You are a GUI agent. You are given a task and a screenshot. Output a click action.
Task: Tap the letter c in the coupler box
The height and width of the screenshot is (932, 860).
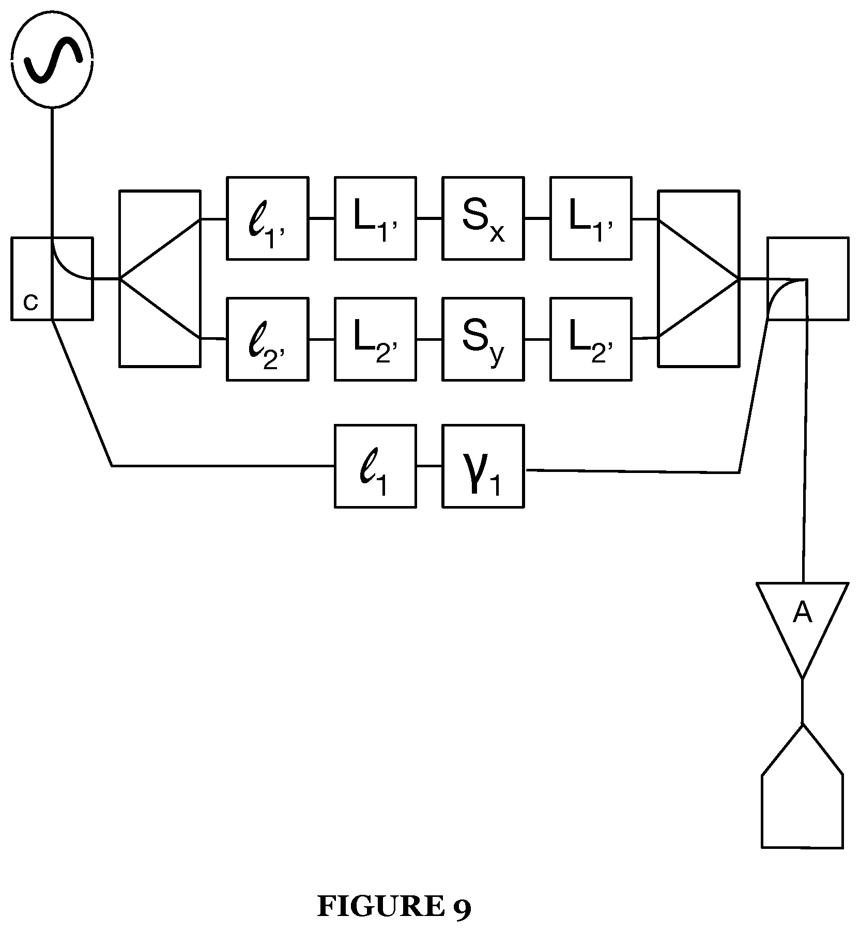tap(31, 303)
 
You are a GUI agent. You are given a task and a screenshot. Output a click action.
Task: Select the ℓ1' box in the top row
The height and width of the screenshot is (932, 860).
tap(268, 218)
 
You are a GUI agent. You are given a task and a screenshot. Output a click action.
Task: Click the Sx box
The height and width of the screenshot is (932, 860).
tap(483, 218)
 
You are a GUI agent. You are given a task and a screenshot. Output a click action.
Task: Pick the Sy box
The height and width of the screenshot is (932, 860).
tap(483, 339)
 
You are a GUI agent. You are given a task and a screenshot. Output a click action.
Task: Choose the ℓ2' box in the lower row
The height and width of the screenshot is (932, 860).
tap(268, 339)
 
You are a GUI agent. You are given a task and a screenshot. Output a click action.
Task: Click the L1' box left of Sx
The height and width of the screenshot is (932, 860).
tap(375, 218)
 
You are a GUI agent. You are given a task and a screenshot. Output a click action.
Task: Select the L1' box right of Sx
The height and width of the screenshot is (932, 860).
tap(591, 218)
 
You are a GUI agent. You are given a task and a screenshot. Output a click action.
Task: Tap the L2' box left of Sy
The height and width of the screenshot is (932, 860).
tap(375, 339)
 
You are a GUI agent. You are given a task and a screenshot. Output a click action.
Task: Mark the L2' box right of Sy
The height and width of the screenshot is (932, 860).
tap(591, 339)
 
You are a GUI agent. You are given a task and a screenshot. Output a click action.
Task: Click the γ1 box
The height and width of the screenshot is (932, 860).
tap(483, 466)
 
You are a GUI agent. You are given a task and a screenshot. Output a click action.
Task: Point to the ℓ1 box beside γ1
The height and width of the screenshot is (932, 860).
tap(375, 466)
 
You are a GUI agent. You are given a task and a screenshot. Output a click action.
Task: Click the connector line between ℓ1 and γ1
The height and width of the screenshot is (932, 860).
tap(429, 466)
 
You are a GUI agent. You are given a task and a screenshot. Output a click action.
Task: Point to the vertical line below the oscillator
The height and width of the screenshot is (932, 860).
tap(52, 172)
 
